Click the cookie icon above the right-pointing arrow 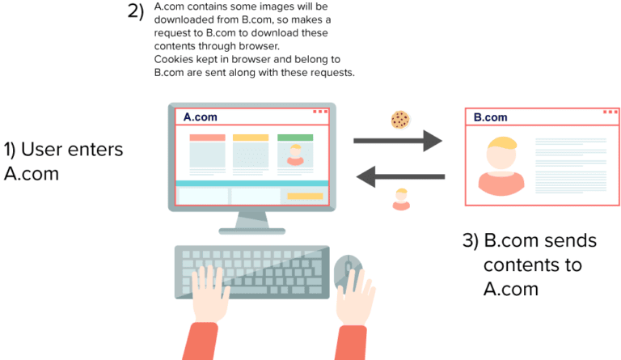pyautogui.click(x=399, y=120)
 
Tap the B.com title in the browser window pyautogui.click(x=491, y=117)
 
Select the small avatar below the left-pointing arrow pyautogui.click(x=400, y=199)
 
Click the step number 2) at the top pyautogui.click(x=136, y=13)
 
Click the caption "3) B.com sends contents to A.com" pyautogui.click(x=529, y=264)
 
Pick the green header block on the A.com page pyautogui.click(x=294, y=138)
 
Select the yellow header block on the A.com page pyautogui.click(x=251, y=138)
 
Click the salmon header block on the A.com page pyautogui.click(x=207, y=138)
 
